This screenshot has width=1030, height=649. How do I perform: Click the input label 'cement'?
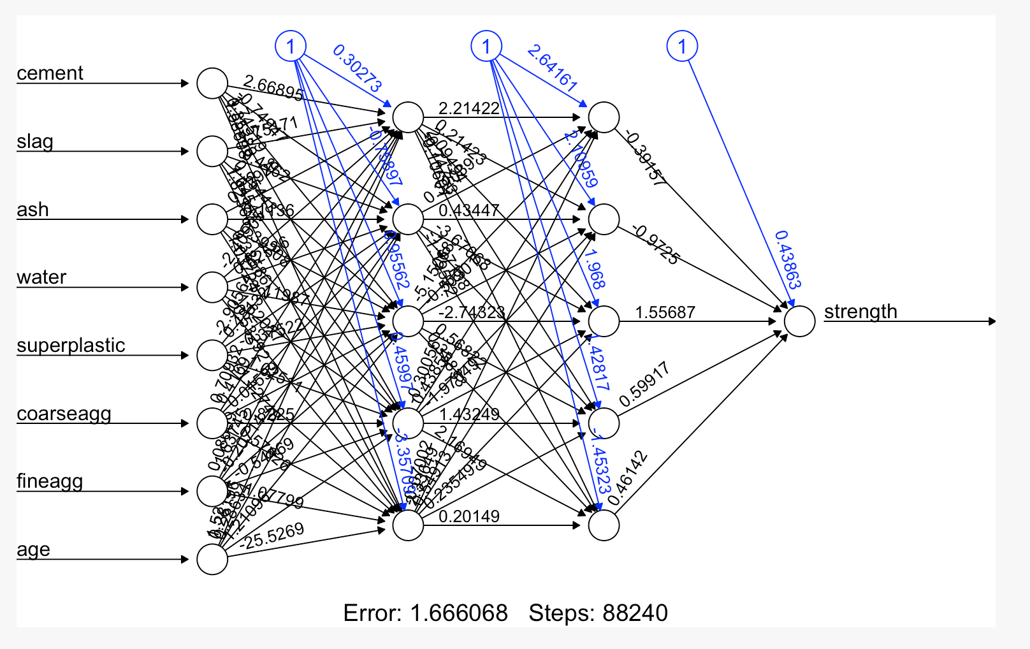click(50, 73)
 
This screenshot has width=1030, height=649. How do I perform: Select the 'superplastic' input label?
click(71, 346)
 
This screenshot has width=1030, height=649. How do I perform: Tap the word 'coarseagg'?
click(64, 414)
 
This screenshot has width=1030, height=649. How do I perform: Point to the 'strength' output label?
click(860, 312)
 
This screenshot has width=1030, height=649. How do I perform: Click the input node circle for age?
click(212, 559)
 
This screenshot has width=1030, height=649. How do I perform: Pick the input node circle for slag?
click(212, 151)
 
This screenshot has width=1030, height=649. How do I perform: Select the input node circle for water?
click(212, 287)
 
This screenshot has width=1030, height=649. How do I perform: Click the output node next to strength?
click(799, 321)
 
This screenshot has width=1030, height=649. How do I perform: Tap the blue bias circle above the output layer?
click(682, 46)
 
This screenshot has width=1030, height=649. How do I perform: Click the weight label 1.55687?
click(665, 312)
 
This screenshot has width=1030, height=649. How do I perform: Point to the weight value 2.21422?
click(469, 108)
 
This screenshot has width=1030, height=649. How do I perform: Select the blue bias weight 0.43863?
click(788, 259)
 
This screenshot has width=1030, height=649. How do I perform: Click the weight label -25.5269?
click(272, 536)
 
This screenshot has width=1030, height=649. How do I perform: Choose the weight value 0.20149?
click(469, 516)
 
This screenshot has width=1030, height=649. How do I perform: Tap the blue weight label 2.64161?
click(552, 68)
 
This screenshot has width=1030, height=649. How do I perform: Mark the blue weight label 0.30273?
click(357, 68)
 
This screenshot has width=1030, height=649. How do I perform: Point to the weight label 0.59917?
click(644, 384)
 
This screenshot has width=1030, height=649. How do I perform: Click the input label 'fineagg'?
click(50, 481)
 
